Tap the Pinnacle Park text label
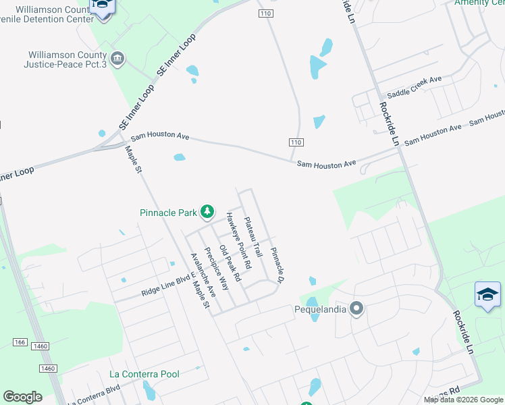pos(168,213)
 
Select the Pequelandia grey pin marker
pos(356,309)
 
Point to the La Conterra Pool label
pos(144,374)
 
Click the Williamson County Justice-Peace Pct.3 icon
pos(117,59)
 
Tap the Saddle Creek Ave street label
pos(414,84)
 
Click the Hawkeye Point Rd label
pos(238,241)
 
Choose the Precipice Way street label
pos(217,268)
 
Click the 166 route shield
pos(20,343)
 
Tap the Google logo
pos(22,397)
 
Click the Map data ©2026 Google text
pos(462,400)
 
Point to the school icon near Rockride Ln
pos(487,295)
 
